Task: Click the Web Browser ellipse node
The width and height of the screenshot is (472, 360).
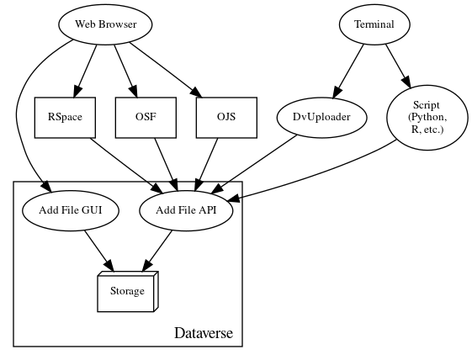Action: [x=106, y=24]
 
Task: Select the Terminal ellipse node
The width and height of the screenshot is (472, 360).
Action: [x=374, y=24]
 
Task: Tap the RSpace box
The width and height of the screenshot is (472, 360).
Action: [x=65, y=118]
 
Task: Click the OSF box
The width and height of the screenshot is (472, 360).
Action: [x=146, y=118]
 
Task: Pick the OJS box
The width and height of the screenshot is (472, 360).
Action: [x=225, y=118]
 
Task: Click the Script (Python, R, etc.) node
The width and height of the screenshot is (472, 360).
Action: [x=426, y=118]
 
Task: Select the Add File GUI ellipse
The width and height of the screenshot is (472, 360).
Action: [x=64, y=211]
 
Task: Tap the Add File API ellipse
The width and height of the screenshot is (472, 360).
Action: [x=185, y=211]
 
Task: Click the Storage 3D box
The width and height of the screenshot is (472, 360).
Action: [x=127, y=291]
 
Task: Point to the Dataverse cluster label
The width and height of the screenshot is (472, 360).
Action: [x=208, y=334]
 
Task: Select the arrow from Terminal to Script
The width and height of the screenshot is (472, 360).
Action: [x=397, y=65]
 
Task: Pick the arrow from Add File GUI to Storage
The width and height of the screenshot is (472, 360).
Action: [x=95, y=250]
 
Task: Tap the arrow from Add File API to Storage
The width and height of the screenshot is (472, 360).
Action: [x=157, y=250]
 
